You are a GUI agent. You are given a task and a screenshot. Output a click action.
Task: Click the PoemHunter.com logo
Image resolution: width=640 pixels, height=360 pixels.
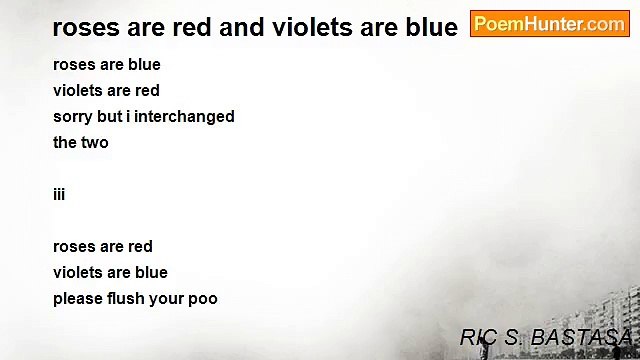pos(549,24)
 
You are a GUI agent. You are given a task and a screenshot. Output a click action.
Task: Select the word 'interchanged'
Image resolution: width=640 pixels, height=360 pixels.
pos(184,116)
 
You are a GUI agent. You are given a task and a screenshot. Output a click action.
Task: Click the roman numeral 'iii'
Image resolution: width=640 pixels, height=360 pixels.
pos(59,194)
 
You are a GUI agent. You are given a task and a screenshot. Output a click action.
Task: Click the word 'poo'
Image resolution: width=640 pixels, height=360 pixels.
pos(203,298)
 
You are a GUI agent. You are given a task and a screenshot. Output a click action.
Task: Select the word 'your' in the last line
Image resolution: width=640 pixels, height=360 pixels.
pos(166,298)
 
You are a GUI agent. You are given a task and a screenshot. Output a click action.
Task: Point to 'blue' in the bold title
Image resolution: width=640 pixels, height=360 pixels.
pos(431,27)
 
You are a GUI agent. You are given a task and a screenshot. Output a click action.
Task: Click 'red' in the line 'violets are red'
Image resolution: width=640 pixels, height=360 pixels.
pos(147,90)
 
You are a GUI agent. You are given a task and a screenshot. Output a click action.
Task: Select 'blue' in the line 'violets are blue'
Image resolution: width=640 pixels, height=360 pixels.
pos(151,272)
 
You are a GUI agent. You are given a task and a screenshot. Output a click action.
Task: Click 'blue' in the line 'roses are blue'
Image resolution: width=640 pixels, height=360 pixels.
pos(144,64)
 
